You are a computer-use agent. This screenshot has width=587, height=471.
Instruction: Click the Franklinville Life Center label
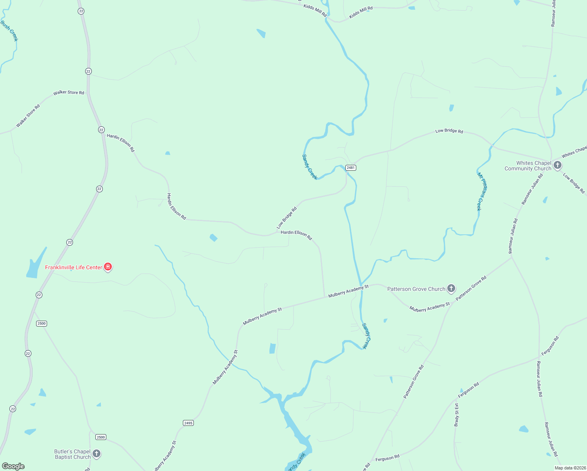73,267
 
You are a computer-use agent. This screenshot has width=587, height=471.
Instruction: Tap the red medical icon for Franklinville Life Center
108,267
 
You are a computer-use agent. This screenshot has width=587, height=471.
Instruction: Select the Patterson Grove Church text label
416,289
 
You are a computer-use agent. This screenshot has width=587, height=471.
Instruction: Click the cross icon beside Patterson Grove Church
451,288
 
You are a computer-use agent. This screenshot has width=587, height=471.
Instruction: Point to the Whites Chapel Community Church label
528,166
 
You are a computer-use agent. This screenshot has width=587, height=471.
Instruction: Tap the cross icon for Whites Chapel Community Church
558,166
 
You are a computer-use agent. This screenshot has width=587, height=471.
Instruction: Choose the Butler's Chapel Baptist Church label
73,454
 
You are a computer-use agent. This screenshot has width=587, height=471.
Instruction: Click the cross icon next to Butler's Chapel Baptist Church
97,454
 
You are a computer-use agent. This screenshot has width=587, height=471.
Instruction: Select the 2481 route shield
350,168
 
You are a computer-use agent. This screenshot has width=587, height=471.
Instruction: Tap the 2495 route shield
188,423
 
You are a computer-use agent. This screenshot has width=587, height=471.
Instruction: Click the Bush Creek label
9,31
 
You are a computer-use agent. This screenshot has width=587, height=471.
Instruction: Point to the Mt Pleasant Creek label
482,192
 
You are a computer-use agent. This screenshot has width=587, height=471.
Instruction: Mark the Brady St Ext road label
456,414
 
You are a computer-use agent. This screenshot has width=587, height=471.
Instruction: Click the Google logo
13,466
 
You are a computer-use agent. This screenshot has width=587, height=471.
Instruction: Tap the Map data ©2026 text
570,468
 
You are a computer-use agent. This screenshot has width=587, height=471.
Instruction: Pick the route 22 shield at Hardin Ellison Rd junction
101,130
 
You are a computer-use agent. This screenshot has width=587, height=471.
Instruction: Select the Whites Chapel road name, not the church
574,152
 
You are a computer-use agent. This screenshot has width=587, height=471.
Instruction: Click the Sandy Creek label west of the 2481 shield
309,167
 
